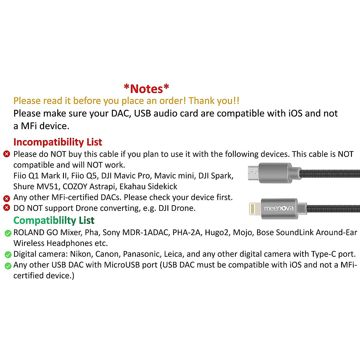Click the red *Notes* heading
pos(146,89)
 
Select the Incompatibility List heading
pos(58,142)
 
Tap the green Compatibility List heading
pos(54,220)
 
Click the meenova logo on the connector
pos(279,208)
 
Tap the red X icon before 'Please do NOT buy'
pos(7,154)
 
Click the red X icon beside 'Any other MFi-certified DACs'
pos(7,198)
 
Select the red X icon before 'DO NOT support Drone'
pos(7,208)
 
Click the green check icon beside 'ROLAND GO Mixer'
pos(8,233)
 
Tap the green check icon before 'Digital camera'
pos(8,255)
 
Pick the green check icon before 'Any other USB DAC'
pos(8,266)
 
